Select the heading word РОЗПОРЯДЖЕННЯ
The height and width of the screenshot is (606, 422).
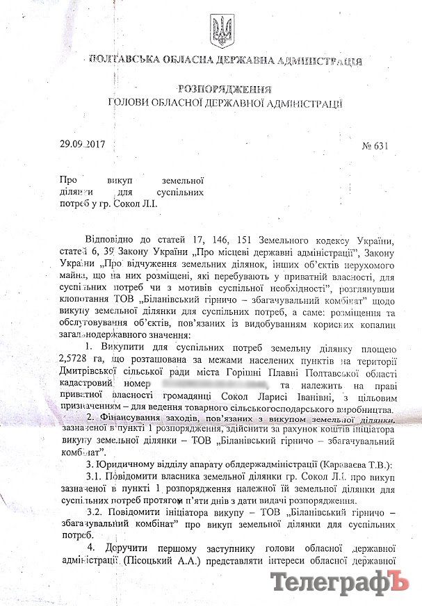[x=224, y=90]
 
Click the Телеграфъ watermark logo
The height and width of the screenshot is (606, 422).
[x=341, y=581]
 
